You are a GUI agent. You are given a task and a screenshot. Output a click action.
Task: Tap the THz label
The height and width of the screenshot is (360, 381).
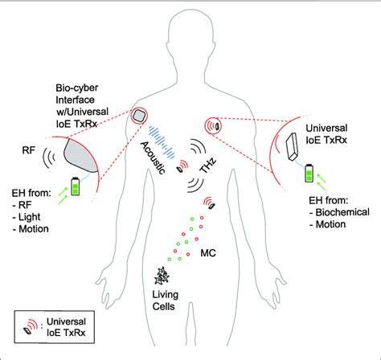pos(207,158)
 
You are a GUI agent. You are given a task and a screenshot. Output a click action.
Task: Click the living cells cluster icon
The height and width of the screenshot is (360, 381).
pos(165,276)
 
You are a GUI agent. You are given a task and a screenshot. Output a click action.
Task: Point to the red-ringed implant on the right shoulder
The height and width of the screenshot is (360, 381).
pos(215,125)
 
